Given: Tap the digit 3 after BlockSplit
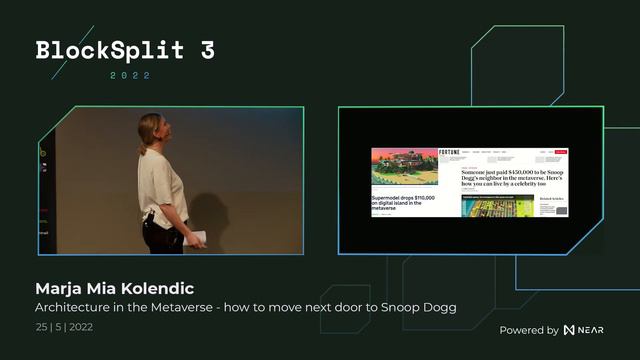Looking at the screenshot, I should click(206, 51).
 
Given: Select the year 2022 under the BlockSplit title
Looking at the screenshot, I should click(131, 75).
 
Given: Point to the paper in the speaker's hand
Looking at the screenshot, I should click(197, 238).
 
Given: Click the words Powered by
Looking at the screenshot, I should click(528, 330).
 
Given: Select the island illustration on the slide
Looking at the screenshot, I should click(405, 168).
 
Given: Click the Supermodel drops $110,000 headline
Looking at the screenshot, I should click(405, 203).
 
